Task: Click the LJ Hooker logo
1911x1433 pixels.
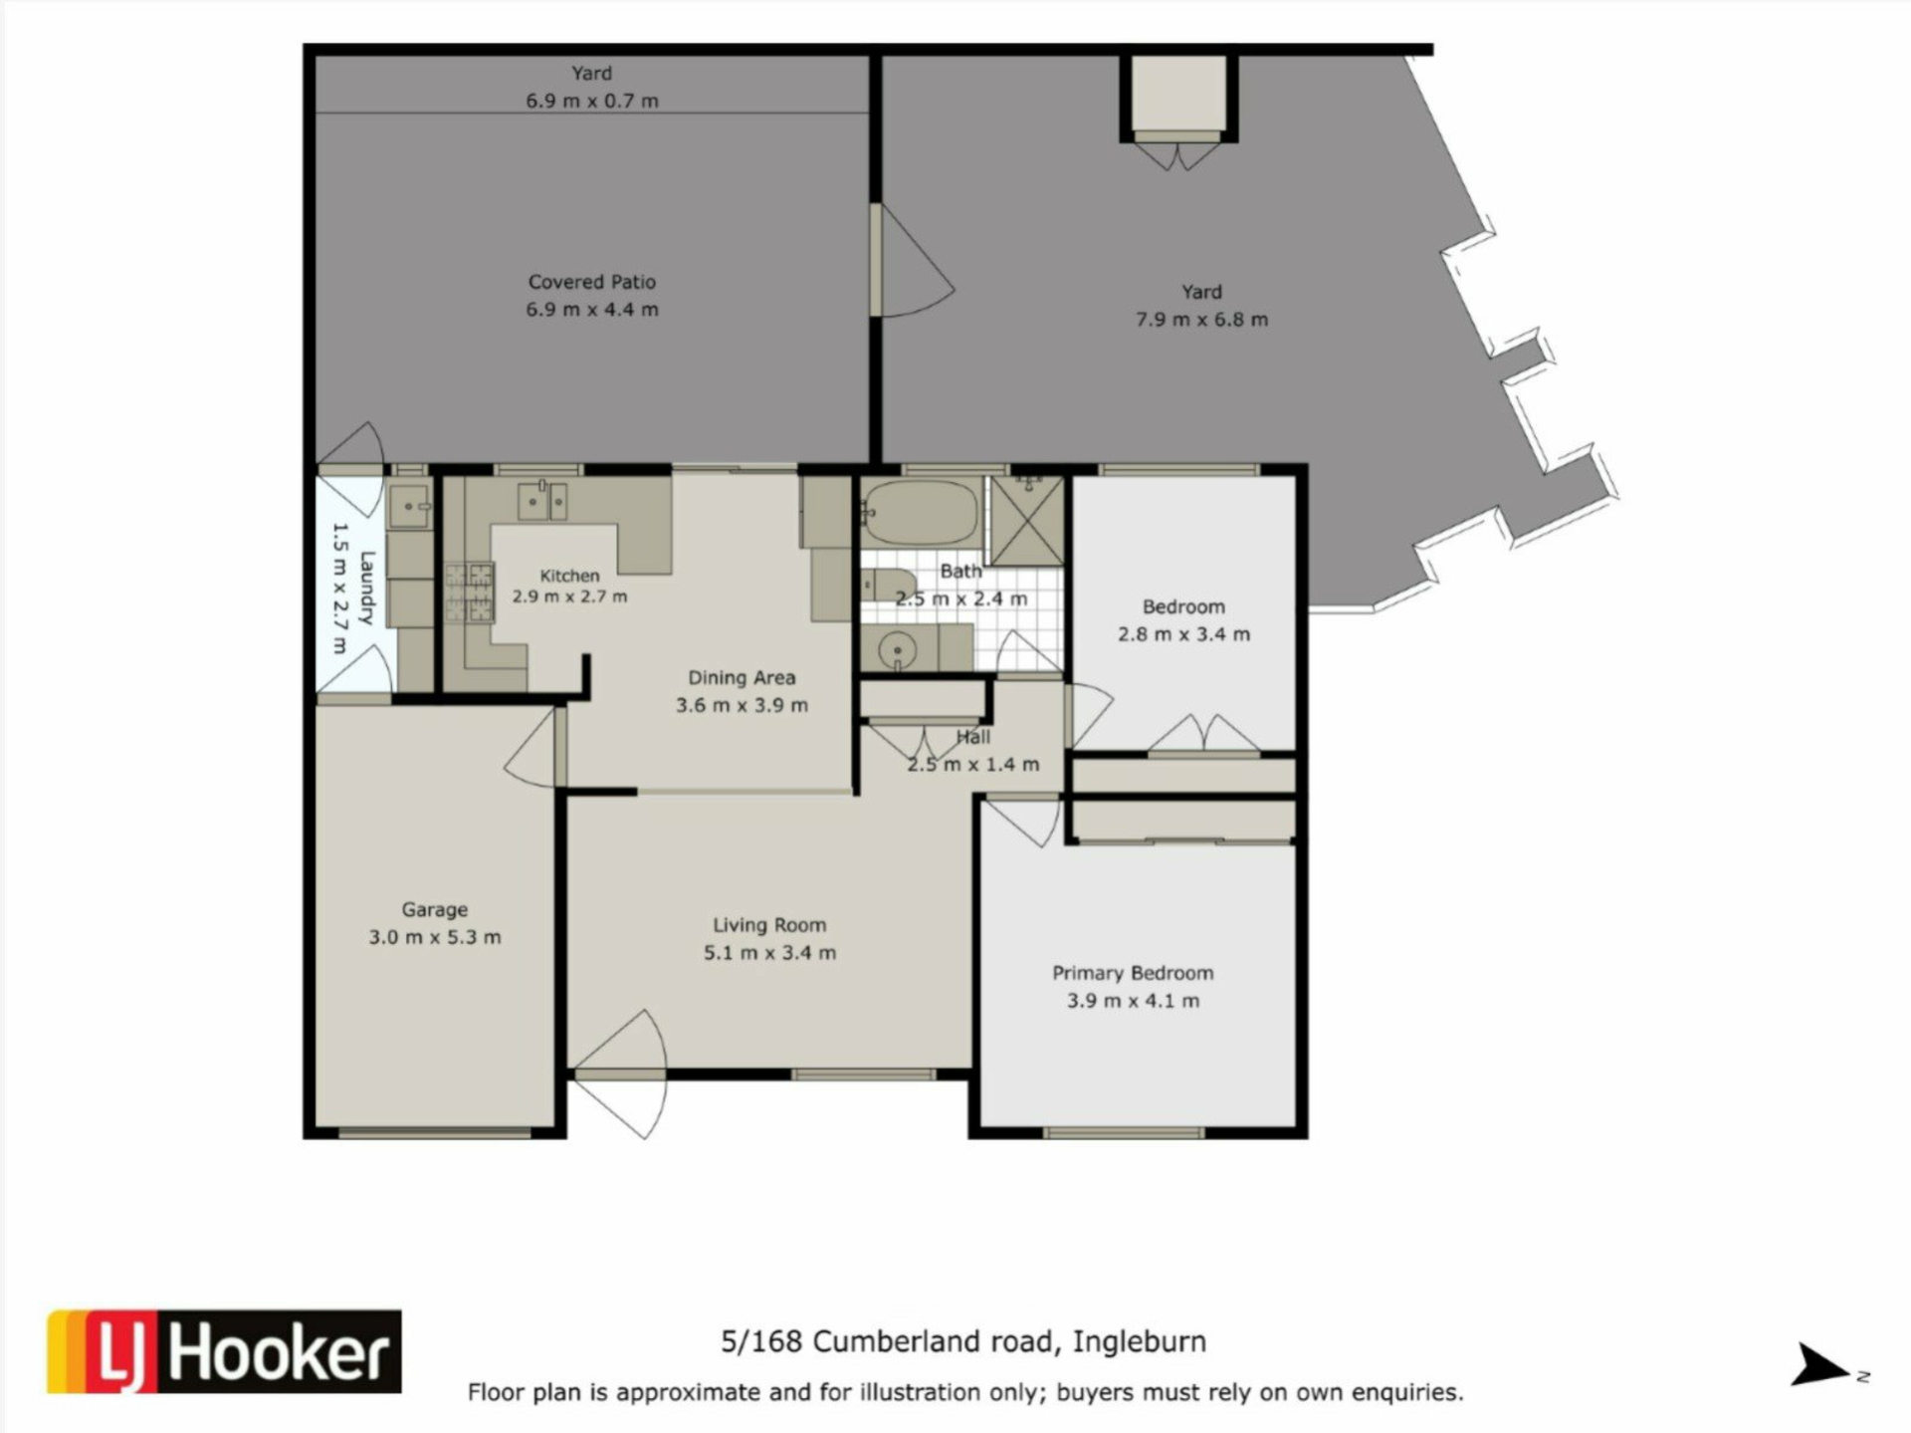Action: tap(224, 1351)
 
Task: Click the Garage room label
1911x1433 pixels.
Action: tap(435, 909)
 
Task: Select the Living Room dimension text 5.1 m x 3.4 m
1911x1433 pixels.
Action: tap(769, 953)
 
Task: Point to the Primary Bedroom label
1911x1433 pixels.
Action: tap(1133, 973)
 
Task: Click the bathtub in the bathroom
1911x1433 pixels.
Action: tap(921, 512)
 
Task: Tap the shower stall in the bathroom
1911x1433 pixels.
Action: tap(1025, 521)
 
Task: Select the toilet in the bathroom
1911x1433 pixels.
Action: tap(888, 586)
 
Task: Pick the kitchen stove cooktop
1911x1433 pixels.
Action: tap(469, 593)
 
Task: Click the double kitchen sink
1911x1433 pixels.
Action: tap(542, 501)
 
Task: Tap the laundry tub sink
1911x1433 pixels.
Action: tap(409, 507)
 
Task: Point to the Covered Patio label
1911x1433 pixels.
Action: tap(592, 282)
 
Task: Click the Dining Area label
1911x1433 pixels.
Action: tap(742, 678)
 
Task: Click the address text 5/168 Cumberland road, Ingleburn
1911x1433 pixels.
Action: tap(963, 1342)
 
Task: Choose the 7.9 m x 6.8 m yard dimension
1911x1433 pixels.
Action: tap(1202, 320)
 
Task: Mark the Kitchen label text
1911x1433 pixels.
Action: tap(569, 576)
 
